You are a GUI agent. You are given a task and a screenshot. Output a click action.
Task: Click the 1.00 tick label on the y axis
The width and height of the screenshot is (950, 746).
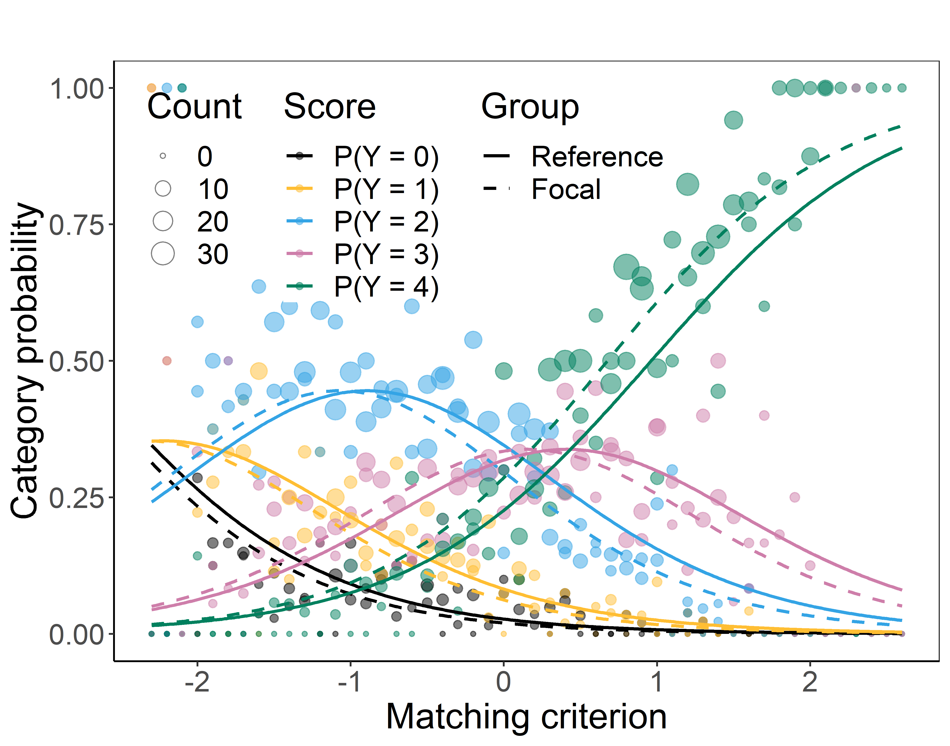(x=76, y=89)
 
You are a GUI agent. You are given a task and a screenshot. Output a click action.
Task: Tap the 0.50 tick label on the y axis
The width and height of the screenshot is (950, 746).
(x=76, y=362)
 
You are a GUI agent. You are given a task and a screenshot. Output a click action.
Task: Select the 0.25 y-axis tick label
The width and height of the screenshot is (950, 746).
(x=76, y=498)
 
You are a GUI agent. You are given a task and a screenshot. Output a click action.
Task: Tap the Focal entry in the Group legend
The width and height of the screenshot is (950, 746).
(x=566, y=189)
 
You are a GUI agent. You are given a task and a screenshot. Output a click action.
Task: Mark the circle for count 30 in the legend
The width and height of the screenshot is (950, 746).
(x=163, y=254)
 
